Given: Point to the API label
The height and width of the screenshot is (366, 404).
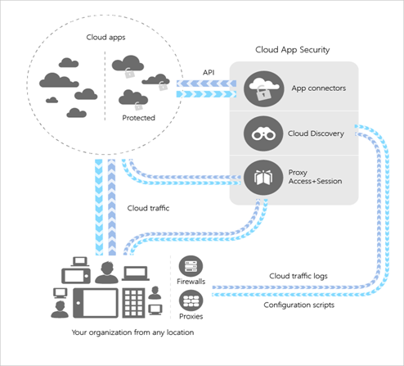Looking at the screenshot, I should click(209, 71).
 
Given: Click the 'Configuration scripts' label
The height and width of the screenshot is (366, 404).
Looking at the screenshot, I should click(299, 305).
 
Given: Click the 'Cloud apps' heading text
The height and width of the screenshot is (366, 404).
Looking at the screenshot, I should click(105, 37).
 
